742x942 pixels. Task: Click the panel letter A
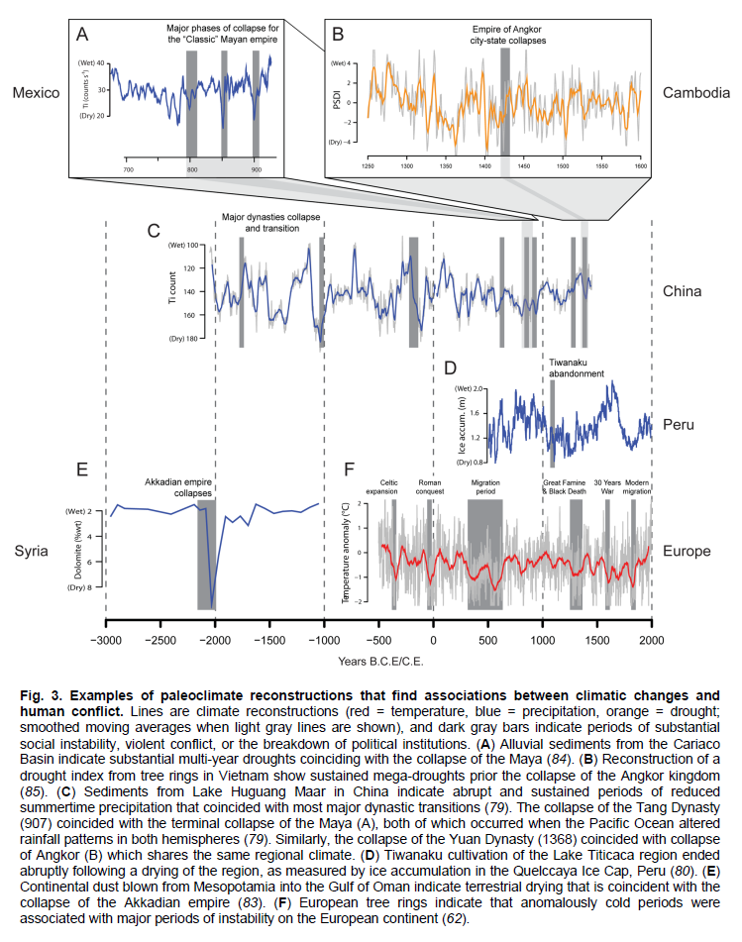[x=83, y=36]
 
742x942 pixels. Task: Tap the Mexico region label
[x=37, y=93]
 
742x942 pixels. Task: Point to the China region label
[x=683, y=291]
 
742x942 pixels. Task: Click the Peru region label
[x=680, y=424]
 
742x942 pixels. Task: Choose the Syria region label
[x=32, y=550]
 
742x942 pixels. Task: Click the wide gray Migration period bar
[x=485, y=555]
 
